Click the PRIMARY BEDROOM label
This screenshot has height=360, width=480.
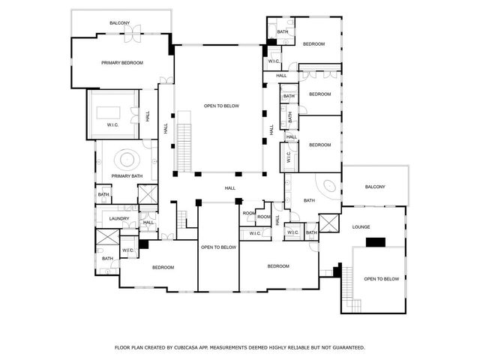(122, 63)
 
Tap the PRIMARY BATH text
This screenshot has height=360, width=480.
(127, 176)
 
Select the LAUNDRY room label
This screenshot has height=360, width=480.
(119, 218)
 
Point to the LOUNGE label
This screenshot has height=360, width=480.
(362, 226)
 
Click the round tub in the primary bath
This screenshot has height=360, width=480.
(125, 159)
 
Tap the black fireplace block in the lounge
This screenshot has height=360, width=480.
(375, 241)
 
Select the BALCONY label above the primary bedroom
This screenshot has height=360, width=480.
(120, 23)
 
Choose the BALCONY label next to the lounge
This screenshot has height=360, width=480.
(375, 187)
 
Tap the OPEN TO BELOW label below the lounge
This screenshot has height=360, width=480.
(381, 279)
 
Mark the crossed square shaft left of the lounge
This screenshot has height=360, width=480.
(328, 223)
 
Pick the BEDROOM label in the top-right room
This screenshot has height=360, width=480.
(313, 44)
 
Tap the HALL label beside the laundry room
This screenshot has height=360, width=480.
(148, 222)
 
